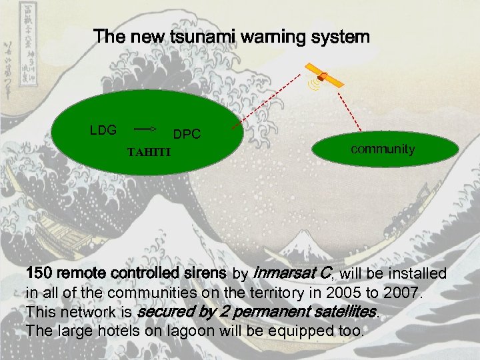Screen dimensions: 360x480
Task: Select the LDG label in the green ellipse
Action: tap(103, 130)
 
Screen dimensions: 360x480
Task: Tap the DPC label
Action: tap(187, 135)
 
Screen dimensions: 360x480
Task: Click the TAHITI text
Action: tap(149, 152)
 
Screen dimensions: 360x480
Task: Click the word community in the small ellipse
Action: tap(383, 149)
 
